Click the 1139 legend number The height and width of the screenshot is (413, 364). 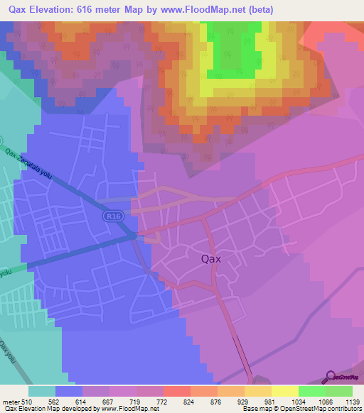[x=343, y=402]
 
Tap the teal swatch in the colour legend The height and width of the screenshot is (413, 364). [x=41, y=391]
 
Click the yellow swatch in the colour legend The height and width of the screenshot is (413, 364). [x=284, y=391]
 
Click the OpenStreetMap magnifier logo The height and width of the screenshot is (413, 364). [x=329, y=377]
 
